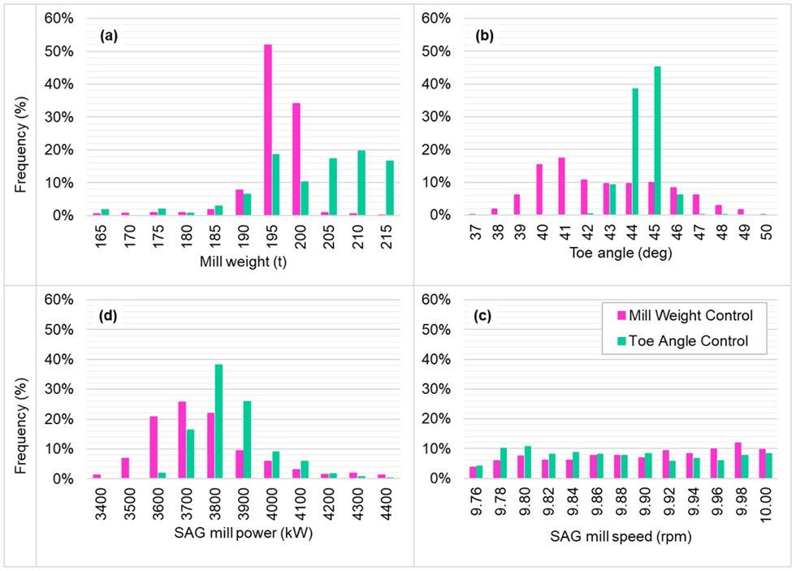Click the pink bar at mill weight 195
(x=267, y=130)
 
